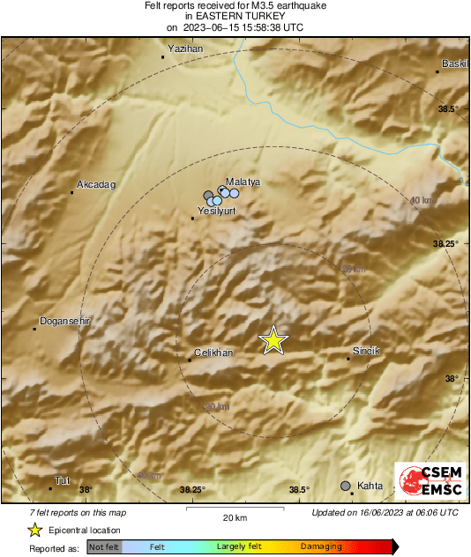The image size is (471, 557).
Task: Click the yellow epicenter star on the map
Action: click(x=273, y=340)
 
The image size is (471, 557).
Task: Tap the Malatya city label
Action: click(x=243, y=181)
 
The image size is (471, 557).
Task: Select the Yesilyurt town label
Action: click(x=216, y=212)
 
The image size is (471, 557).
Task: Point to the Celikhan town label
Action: click(x=212, y=353)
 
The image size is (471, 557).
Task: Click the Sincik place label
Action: click(x=366, y=351)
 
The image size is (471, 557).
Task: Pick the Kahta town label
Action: click(x=371, y=486)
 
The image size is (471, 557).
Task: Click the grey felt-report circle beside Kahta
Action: click(x=346, y=486)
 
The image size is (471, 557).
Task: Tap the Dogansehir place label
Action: click(x=64, y=322)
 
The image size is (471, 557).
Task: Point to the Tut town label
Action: click(x=61, y=480)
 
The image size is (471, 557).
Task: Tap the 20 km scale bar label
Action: click(x=235, y=516)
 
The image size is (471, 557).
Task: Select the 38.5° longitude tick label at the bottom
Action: click(x=299, y=490)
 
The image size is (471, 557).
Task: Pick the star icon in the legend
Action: click(x=34, y=530)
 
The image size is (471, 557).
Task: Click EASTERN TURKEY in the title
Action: click(x=235, y=16)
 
